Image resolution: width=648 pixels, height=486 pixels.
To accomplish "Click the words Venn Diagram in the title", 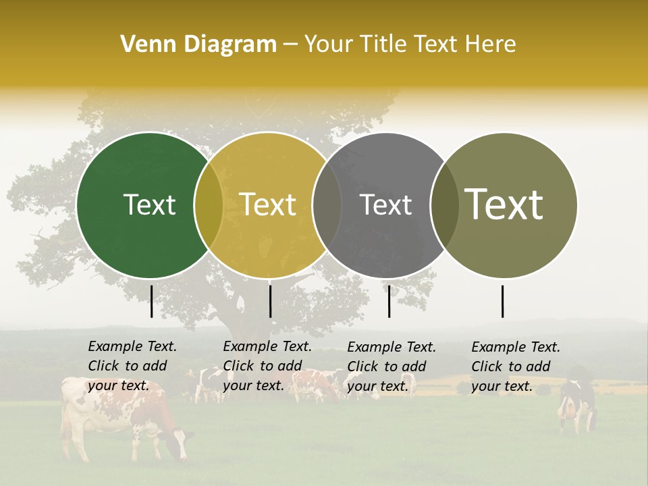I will point(198,45).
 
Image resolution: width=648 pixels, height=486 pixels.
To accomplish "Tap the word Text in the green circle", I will point(149,205).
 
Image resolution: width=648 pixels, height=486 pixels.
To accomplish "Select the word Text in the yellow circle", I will point(268,205).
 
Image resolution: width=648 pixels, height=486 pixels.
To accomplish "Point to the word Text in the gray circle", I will point(385,205).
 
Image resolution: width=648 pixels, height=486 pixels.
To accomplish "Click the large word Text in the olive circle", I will point(504,204).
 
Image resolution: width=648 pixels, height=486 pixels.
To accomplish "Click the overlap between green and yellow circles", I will point(209,205).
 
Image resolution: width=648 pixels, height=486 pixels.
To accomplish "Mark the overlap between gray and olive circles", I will point(445,205).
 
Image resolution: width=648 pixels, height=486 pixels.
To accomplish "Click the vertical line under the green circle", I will point(151,301).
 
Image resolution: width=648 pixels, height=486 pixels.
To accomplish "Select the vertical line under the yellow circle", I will point(270,301).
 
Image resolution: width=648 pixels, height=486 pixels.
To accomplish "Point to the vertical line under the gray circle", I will point(389,301).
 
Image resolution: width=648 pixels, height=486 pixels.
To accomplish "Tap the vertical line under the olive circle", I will point(502,301).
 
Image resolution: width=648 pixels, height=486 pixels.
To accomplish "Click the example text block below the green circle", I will point(132,366).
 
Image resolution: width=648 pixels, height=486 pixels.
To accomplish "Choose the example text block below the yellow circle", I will point(267,366).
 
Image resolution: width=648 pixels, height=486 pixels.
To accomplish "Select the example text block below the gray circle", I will point(391,367).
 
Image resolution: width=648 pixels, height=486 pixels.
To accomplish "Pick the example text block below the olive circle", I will point(516,367).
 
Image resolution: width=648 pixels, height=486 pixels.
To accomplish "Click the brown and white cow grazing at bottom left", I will point(122,418).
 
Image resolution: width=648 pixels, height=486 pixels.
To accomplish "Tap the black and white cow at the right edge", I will point(577,405).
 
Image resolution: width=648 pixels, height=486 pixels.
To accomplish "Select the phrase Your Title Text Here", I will point(410,45).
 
